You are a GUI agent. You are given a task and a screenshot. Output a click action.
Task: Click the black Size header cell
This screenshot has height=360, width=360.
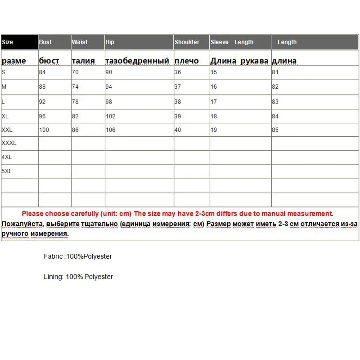19,42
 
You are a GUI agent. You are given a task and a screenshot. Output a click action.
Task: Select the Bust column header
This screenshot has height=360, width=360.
45,42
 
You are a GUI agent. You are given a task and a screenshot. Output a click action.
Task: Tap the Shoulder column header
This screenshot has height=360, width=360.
187,42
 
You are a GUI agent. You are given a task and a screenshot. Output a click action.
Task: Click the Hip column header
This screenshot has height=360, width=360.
110,42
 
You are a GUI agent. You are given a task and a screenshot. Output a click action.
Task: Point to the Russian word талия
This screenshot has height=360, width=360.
83,61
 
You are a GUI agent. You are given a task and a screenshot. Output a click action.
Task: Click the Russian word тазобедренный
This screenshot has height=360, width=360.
137,61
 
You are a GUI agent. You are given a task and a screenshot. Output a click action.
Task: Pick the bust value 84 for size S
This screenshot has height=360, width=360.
43,72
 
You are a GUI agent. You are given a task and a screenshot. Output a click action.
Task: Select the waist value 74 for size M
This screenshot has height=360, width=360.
76,87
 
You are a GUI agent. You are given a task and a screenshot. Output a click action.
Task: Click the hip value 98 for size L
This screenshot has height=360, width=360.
109,102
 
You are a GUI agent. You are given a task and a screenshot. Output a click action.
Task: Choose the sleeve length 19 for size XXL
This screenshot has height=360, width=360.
214,130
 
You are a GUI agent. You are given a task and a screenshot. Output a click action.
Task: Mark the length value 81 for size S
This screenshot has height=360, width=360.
275,72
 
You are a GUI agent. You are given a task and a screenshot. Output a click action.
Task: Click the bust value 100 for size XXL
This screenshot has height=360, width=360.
44,130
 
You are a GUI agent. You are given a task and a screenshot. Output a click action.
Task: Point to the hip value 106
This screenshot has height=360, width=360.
110,130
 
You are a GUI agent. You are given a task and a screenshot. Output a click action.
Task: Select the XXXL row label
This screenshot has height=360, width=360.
9,143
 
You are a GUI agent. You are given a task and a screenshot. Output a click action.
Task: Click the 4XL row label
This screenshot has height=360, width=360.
7,157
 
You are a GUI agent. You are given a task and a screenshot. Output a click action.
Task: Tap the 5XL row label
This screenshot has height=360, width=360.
7,171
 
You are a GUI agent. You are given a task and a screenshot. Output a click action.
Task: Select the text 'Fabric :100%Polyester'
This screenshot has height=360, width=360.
78,256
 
